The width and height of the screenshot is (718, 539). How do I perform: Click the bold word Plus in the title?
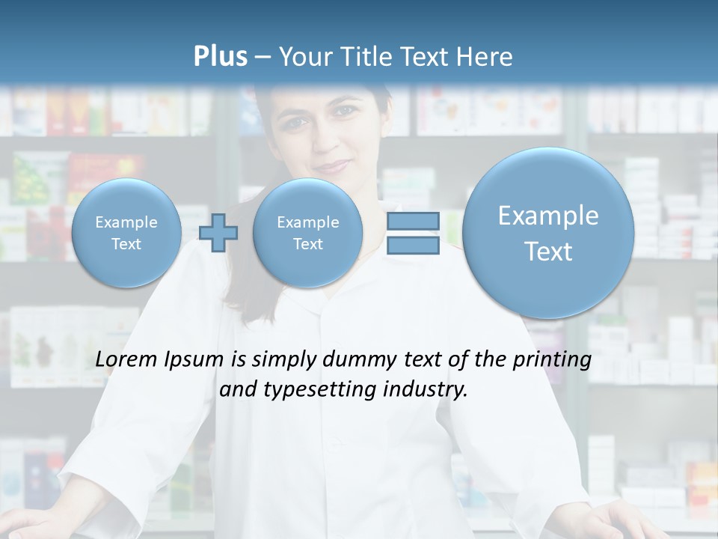[220, 57]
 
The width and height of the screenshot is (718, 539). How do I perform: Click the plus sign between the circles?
[218, 233]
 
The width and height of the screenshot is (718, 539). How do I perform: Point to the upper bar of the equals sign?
[413, 221]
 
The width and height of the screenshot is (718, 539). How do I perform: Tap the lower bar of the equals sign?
[413, 246]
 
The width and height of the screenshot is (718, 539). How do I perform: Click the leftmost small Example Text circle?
[126, 233]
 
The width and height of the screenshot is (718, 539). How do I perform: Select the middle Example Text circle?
[307, 233]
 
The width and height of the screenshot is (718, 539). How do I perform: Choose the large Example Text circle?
[548, 233]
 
